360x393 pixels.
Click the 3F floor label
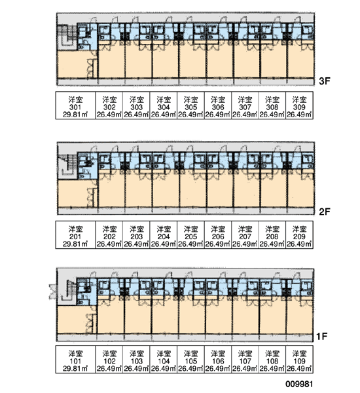(x=325, y=81)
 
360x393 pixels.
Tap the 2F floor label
(x=325, y=212)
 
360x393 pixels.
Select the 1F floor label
(x=321, y=336)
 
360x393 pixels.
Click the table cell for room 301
(x=75, y=105)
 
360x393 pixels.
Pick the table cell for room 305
(x=190, y=105)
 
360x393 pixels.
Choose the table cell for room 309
(x=299, y=105)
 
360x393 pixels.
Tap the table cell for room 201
(x=75, y=235)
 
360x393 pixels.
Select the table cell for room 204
(x=164, y=235)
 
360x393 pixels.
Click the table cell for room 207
(x=245, y=235)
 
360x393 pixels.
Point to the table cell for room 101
(x=75, y=360)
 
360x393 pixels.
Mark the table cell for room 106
(x=218, y=360)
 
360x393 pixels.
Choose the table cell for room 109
(x=299, y=360)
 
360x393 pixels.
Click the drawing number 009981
(x=299, y=384)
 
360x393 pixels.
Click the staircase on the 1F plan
(x=67, y=291)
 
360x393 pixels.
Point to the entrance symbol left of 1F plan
(x=53, y=291)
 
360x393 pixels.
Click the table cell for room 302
(x=109, y=105)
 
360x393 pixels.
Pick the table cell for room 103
(x=136, y=360)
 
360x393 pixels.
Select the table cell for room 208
(x=272, y=235)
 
